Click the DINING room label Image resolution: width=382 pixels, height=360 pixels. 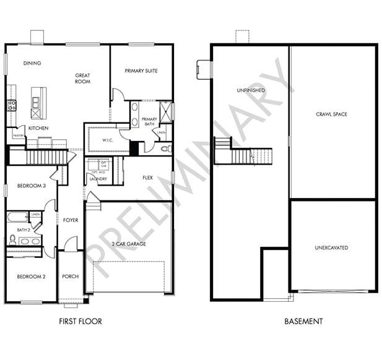pos(32,63)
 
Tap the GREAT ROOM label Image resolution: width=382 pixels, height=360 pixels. pos(83,78)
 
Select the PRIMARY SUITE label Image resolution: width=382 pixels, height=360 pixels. pos(141,71)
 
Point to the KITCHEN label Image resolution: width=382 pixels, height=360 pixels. pos(38,129)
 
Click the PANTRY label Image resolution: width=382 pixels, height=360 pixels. pos(18,136)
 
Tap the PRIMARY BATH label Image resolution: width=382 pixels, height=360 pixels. pos(149,121)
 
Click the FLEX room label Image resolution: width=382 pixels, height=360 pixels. pos(147,178)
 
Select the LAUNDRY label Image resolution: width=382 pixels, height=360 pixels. pos(98,179)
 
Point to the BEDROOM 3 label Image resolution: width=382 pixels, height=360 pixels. pos(31,186)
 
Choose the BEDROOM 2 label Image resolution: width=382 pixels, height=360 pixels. pos(31,276)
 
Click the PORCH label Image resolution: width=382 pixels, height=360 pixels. pos(71,276)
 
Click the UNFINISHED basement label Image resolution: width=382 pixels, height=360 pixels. pos(250,90)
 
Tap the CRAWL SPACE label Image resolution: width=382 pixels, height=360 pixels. pos(331,114)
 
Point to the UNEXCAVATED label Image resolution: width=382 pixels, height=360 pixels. pos(331,248)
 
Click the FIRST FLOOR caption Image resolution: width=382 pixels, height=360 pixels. pos(80,322)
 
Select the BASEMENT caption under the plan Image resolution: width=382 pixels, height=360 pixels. pos(303,322)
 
